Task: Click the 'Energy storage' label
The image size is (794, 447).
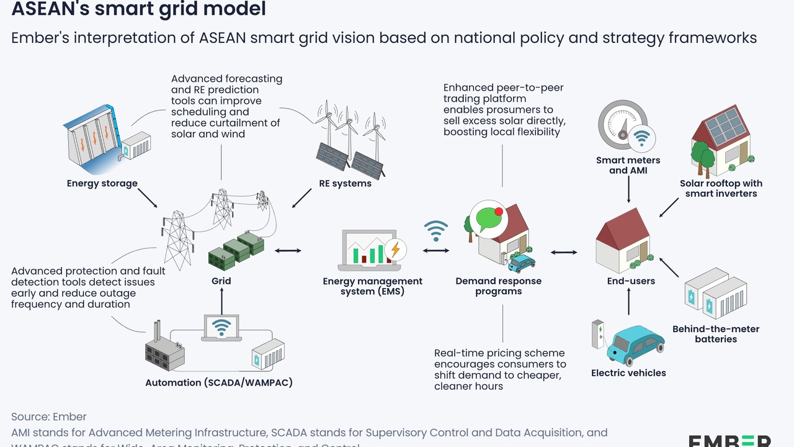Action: pyautogui.click(x=102, y=183)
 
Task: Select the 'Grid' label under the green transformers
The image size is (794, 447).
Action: pyautogui.click(x=221, y=281)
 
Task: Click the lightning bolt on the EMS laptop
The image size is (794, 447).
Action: pyautogui.click(x=394, y=250)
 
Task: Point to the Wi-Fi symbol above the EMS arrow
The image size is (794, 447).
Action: pyautogui.click(x=436, y=231)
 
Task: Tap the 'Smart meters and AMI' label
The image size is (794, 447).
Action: pyautogui.click(x=628, y=165)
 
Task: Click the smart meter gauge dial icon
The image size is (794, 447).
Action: pyautogui.click(x=620, y=123)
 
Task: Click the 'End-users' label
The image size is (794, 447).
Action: pyautogui.click(x=631, y=281)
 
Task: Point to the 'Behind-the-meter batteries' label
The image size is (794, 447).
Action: pyautogui.click(x=715, y=334)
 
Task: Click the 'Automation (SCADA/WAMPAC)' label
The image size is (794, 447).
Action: pyautogui.click(x=218, y=382)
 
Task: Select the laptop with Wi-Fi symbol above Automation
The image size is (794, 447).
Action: pyautogui.click(x=221, y=328)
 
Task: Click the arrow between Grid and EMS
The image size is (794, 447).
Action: pyautogui.click(x=288, y=250)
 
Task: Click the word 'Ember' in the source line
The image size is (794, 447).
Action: pyautogui.click(x=69, y=417)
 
